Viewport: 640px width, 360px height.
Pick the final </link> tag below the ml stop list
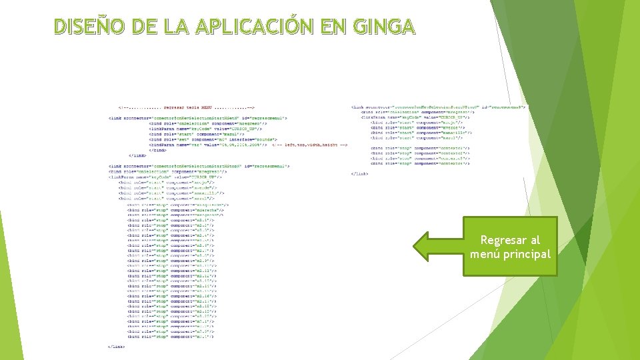[x=116, y=347]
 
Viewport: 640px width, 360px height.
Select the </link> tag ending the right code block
[x=360, y=173]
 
